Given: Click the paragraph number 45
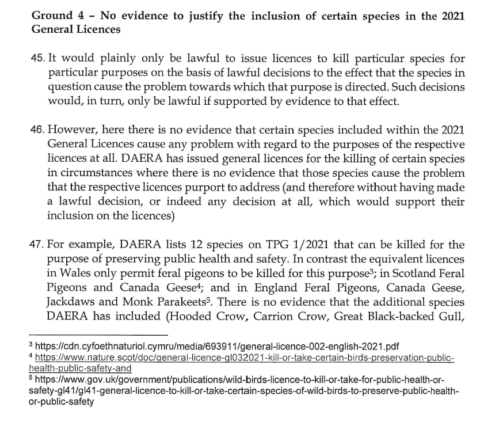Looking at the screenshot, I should [36, 60].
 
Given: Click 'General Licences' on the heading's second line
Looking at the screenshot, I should [75, 29].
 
